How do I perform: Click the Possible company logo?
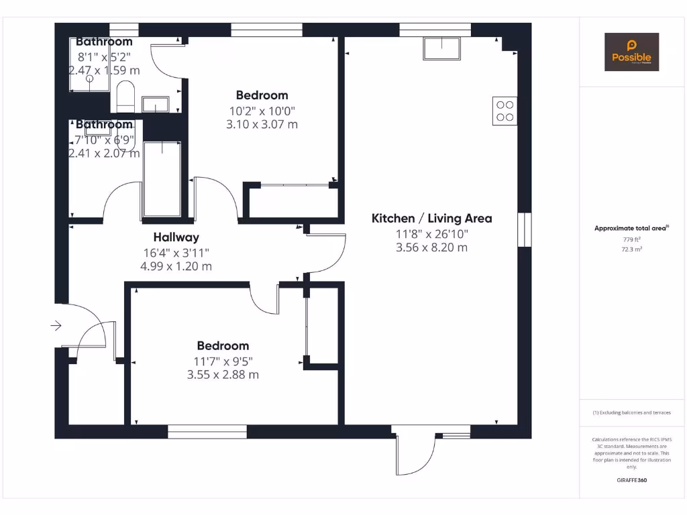click(631, 52)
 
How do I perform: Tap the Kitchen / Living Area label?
click(431, 218)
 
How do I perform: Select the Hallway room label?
click(176, 237)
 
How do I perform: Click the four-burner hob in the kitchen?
click(505, 111)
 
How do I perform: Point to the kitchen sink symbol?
click(441, 48)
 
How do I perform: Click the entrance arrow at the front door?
click(56, 326)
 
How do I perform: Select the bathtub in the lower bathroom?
click(162, 178)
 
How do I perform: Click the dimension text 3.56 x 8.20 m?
click(431, 247)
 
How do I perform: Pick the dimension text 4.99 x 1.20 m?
click(176, 266)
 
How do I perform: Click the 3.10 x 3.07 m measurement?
click(262, 124)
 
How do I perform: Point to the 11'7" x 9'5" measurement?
click(223, 361)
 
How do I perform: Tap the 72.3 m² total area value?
click(631, 249)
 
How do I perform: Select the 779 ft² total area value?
click(631, 239)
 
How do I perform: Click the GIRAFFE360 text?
click(631, 480)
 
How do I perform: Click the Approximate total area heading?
click(631, 229)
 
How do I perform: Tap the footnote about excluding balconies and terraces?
click(631, 412)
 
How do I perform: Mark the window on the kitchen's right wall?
click(524, 231)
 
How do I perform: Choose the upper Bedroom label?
click(262, 95)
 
